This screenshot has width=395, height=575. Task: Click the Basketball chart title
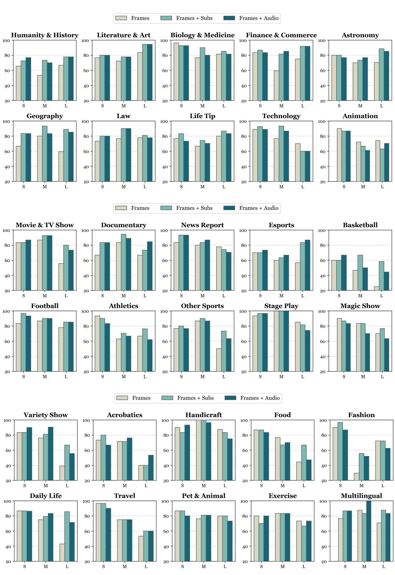click(x=360, y=225)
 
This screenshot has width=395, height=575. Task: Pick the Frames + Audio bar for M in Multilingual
click(x=369, y=531)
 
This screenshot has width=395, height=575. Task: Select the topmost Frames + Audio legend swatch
click(x=229, y=18)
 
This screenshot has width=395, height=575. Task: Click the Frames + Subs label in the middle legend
click(x=194, y=208)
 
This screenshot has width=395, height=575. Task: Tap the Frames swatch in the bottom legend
click(x=122, y=398)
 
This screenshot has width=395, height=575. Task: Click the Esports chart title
click(x=281, y=225)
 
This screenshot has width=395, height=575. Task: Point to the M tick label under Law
click(x=123, y=187)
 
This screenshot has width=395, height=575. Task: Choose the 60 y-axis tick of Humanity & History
click(x=7, y=70)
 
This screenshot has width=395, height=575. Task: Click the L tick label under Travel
click(x=146, y=566)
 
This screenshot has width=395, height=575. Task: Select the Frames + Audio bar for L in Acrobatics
click(x=151, y=468)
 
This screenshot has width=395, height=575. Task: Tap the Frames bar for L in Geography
click(x=61, y=166)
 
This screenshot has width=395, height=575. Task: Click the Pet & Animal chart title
click(x=203, y=496)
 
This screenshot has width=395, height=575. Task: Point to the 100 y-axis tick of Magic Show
click(x=322, y=311)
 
